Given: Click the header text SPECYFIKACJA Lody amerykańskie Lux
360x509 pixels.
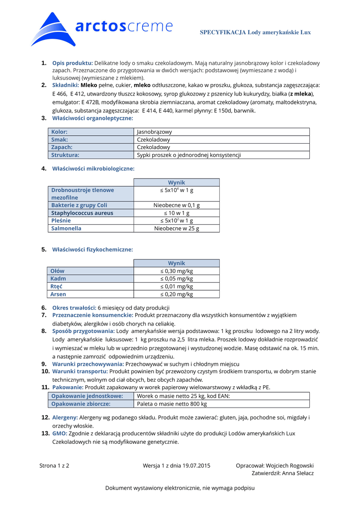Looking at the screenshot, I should point(255,32).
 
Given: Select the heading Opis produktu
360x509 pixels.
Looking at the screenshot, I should point(73,63).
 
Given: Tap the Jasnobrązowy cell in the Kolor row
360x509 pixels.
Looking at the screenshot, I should point(154,132).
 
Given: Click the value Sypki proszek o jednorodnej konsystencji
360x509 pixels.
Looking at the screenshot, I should point(188,155).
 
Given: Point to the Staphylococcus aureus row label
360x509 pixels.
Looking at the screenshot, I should point(82,213).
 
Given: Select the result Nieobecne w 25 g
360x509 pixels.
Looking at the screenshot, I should point(177,229).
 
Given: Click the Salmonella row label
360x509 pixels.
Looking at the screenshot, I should point(66,229).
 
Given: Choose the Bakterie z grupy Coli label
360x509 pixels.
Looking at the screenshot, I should point(79,205).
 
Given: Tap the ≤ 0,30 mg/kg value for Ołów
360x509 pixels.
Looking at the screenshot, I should point(177,271).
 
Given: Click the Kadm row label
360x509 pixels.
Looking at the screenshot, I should point(58,279).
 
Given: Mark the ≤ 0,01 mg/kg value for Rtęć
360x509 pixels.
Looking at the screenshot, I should point(177,286).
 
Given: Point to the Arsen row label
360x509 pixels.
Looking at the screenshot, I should point(58,294).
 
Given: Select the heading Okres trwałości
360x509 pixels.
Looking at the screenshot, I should point(74,308).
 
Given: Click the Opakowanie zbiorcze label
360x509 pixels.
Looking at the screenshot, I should point(81,404).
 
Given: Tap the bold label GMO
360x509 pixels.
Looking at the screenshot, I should point(60,433).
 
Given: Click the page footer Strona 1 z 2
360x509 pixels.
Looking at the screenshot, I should point(54,466).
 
